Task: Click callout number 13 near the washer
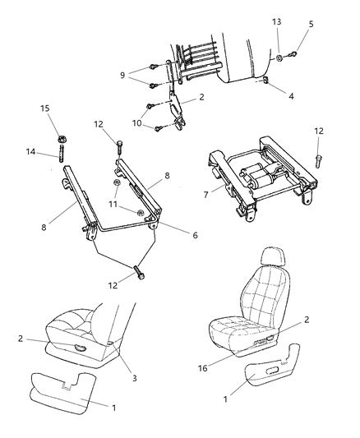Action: pos(276,22)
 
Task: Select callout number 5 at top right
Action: pos(311,24)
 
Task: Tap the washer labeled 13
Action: pos(279,58)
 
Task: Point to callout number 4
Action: pos(291,96)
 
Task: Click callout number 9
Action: pos(122,75)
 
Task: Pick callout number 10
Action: pos(137,123)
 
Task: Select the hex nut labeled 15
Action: pos(62,139)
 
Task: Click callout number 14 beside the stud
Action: pos(30,152)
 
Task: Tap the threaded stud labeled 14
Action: pos(61,154)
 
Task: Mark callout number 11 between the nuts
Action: pos(113,204)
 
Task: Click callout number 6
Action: pos(195,235)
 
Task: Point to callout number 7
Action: pos(205,195)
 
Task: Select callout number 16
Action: pos(203,368)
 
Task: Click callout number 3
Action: pos(134,378)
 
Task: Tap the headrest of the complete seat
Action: pos(274,256)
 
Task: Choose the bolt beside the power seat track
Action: pos(318,161)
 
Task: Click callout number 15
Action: pos(45,108)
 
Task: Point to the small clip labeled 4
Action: pos(265,81)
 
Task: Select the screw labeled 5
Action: pos(293,53)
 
